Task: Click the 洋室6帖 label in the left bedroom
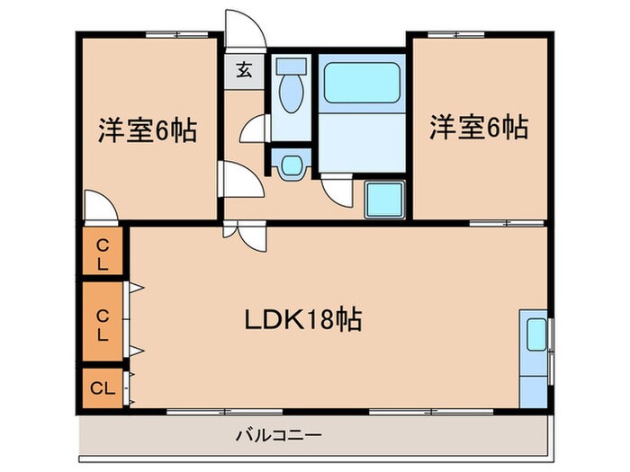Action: click(x=147, y=130)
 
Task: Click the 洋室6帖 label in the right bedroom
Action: click(x=477, y=128)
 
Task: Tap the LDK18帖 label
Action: click(x=304, y=318)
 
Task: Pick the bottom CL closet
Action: click(x=102, y=388)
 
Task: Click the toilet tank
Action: click(x=290, y=67)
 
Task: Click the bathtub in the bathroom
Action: click(x=362, y=82)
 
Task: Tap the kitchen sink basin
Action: click(x=535, y=334)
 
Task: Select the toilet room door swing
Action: click(x=253, y=130)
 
